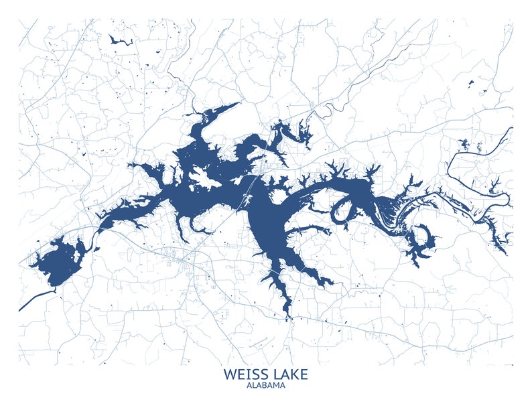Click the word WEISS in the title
coord(245,374)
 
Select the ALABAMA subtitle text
coord(266,386)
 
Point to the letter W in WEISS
coord(230,374)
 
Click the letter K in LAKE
coord(294,374)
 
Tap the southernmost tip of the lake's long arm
coord(288,313)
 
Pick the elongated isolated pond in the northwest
coord(121,42)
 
